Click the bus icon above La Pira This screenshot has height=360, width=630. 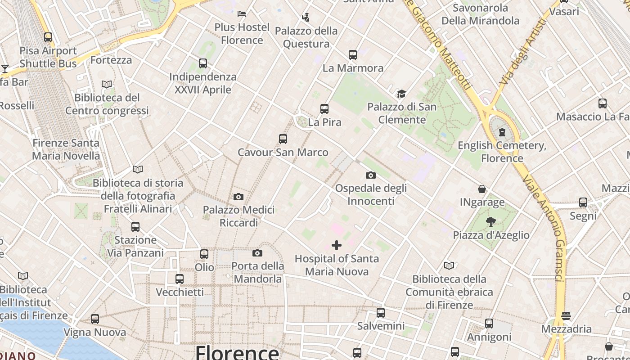[x=324, y=108]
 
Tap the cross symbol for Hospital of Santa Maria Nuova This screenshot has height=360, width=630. [x=337, y=245]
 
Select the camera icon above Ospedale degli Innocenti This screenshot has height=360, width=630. [x=371, y=175]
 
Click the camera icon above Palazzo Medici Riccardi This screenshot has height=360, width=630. [x=238, y=197]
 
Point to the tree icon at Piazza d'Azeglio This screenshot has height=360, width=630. [x=490, y=221]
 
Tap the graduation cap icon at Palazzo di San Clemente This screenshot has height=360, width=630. [x=401, y=94]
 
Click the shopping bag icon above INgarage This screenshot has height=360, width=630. [x=482, y=189]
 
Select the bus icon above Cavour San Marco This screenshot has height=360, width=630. [x=283, y=139]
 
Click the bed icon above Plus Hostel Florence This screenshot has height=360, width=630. [x=242, y=13]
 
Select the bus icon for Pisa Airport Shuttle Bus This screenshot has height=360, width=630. [x=48, y=37]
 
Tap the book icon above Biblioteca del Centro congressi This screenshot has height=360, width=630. [x=107, y=84]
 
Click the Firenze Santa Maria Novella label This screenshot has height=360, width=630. [x=66, y=149]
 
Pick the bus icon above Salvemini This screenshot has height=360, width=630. [x=381, y=312]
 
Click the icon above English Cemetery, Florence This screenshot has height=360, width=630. [x=502, y=132]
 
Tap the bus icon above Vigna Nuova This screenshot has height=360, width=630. [x=95, y=319]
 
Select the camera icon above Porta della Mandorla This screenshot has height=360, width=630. [x=257, y=253]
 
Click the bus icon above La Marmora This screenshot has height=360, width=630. [x=353, y=55]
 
